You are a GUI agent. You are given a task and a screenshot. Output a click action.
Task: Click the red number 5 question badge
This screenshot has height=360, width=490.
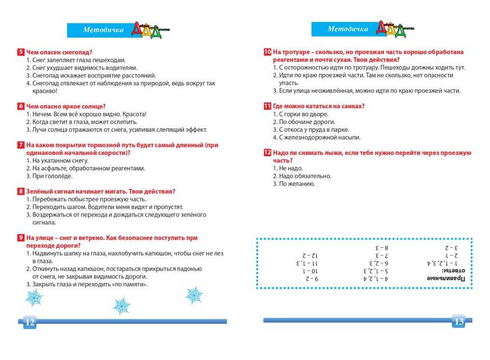(x=21, y=52)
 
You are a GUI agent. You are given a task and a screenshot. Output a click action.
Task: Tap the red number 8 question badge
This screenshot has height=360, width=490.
(x=21, y=192)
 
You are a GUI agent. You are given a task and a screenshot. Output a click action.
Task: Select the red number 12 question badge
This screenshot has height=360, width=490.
(x=267, y=153)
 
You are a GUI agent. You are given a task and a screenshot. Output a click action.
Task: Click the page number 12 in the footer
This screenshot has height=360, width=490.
(x=29, y=322)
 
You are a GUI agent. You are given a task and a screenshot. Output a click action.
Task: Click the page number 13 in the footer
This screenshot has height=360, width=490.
(x=459, y=321)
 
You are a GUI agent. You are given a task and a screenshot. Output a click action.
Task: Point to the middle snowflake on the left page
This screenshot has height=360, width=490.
(x=121, y=306)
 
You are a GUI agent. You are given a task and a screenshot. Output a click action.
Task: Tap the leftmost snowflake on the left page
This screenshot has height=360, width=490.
(x=34, y=297)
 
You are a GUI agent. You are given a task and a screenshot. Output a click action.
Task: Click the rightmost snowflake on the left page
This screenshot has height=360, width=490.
(x=194, y=295)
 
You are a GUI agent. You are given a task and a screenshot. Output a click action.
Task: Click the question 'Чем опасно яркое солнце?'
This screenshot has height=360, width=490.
(x=66, y=106)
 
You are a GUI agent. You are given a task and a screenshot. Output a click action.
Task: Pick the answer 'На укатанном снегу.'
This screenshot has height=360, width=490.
(x=60, y=161)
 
